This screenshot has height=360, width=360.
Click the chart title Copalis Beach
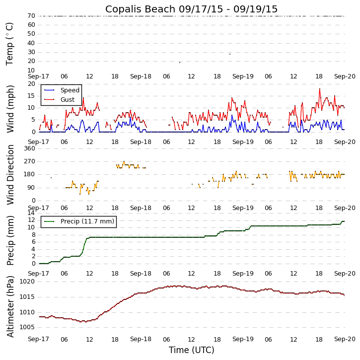point(191,9)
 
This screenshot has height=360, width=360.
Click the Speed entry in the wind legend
point(70,90)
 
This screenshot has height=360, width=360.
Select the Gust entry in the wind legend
point(68,100)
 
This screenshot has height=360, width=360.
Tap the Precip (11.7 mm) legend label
point(87,221)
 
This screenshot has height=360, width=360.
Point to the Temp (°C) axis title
point(10,43)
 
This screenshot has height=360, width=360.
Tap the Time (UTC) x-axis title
point(191,350)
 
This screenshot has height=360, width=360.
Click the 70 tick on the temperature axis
point(31,16)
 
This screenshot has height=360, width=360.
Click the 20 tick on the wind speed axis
point(31,84)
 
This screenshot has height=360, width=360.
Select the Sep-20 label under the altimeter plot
point(345,339)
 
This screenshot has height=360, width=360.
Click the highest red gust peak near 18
point(320,89)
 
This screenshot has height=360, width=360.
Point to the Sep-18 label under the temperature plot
point(141,76)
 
